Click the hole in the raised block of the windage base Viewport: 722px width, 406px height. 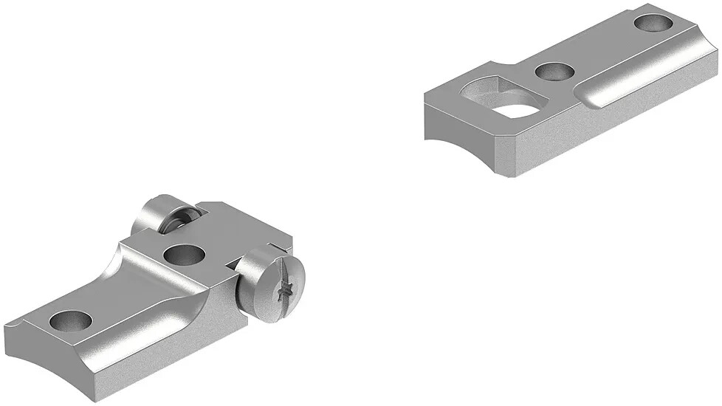point(184,255)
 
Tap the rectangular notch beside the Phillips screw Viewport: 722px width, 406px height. point(231,263)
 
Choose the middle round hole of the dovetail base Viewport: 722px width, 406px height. point(555,72)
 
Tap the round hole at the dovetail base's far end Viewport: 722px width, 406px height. point(652,23)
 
